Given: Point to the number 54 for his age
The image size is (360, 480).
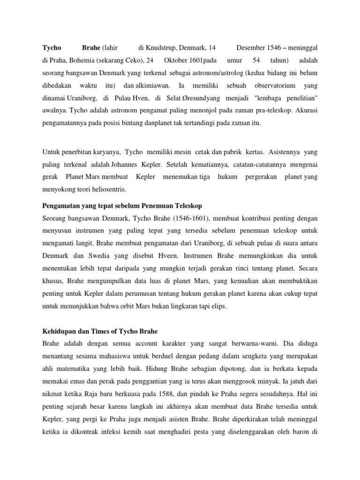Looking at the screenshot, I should pos(256,60).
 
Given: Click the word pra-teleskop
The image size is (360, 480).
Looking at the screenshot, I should pos(275,111).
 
